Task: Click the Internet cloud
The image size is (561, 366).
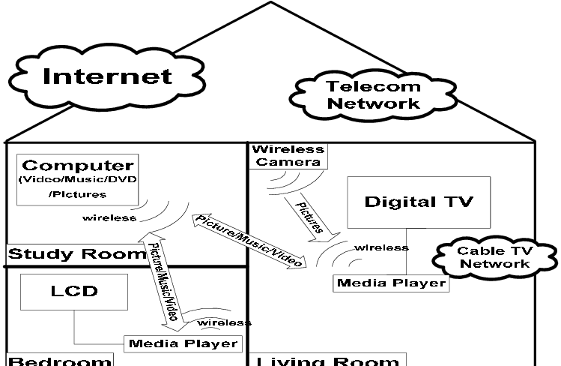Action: point(108,76)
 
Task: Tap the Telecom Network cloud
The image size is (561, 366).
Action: point(373,95)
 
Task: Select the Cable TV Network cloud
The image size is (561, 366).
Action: point(494,257)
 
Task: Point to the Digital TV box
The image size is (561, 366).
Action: point(419,202)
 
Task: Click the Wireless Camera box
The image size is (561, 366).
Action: point(288,155)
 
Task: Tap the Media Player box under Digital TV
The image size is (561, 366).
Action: point(391,283)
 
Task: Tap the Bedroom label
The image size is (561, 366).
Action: point(60,361)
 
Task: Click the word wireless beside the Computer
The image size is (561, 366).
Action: point(109,218)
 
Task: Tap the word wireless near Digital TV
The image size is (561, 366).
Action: point(381,247)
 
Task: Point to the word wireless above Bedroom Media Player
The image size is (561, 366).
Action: point(224,322)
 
